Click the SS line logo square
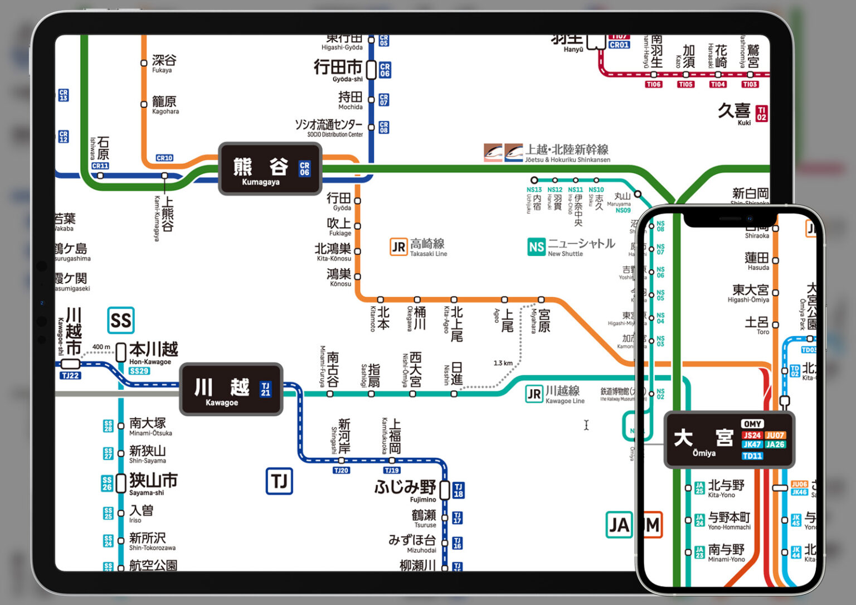[x=121, y=321]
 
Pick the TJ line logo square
[x=279, y=481]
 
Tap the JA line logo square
[x=619, y=525]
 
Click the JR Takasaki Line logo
[x=398, y=247]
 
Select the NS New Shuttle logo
[x=536, y=247]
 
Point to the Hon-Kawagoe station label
[x=153, y=353]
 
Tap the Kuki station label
[x=734, y=113]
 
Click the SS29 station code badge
[x=139, y=371]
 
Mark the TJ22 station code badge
[x=71, y=376]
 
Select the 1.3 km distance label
[x=503, y=363]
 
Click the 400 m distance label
[x=101, y=347]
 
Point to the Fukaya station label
[x=164, y=62]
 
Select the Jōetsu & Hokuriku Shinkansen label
[x=567, y=152]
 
